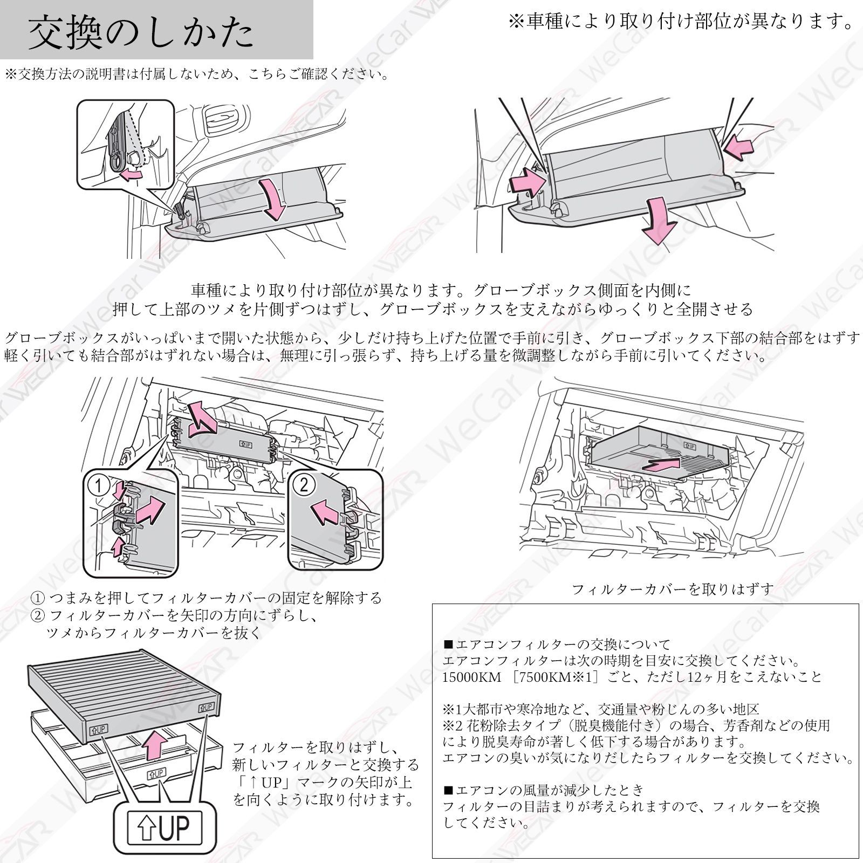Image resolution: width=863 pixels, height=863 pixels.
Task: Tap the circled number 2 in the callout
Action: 304,485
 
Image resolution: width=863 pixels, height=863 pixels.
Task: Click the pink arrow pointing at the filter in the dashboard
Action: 661,464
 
